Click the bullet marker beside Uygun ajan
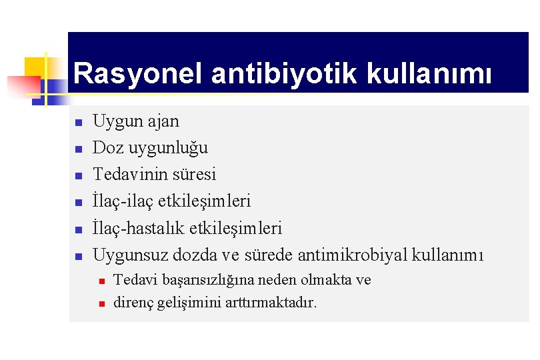78,123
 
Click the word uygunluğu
167,148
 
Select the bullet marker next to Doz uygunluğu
78,149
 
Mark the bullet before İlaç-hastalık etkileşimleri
78,229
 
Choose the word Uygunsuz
130,255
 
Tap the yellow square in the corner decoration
36,67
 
